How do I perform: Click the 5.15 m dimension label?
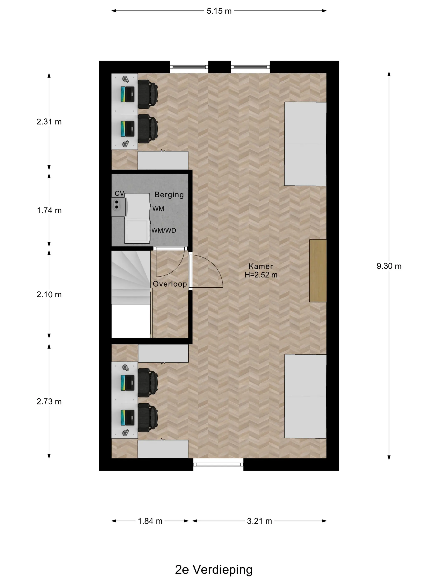(219, 11)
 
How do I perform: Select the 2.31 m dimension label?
(49, 122)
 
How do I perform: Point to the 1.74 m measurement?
(49, 210)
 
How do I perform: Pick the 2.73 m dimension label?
(49, 401)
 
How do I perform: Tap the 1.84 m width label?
(150, 521)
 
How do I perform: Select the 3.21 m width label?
(259, 521)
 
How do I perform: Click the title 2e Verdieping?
(214, 570)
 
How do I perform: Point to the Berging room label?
(169, 195)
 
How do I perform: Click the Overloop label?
(170, 284)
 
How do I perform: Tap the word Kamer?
(261, 266)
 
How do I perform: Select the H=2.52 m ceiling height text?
(261, 275)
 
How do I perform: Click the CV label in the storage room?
(119, 194)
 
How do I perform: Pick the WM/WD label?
(164, 230)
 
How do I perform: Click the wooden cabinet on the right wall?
(318, 271)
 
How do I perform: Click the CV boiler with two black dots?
(118, 207)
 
